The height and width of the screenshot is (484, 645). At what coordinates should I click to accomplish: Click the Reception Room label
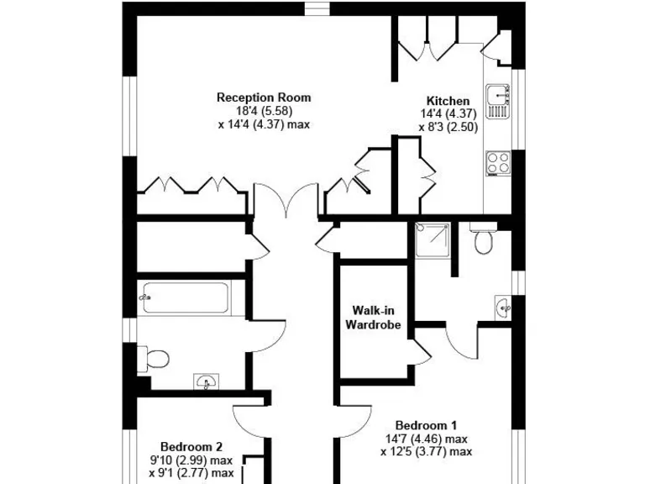[x=263, y=97]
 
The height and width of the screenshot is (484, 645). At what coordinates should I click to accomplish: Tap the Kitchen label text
[x=448, y=101]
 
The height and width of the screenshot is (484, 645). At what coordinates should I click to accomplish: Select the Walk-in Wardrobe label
[x=374, y=318]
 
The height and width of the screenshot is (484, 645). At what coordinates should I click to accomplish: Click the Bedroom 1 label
[x=427, y=424]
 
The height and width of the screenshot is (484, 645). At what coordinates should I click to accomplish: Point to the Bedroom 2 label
[x=191, y=447]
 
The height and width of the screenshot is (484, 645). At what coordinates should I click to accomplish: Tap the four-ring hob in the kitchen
[x=499, y=161]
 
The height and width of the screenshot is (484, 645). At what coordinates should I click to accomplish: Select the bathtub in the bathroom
[x=184, y=296]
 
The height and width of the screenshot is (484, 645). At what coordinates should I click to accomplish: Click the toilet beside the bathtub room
[x=154, y=359]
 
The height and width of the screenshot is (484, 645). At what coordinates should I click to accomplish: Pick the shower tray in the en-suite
[x=432, y=240]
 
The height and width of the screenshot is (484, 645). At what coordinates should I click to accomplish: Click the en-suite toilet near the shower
[x=482, y=239]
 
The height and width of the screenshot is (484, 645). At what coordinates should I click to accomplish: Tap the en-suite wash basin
[x=504, y=308]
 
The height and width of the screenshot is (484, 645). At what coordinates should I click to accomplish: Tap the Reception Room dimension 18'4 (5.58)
[x=263, y=111]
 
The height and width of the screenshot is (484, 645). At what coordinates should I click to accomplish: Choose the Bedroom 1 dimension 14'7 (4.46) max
[x=427, y=438]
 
